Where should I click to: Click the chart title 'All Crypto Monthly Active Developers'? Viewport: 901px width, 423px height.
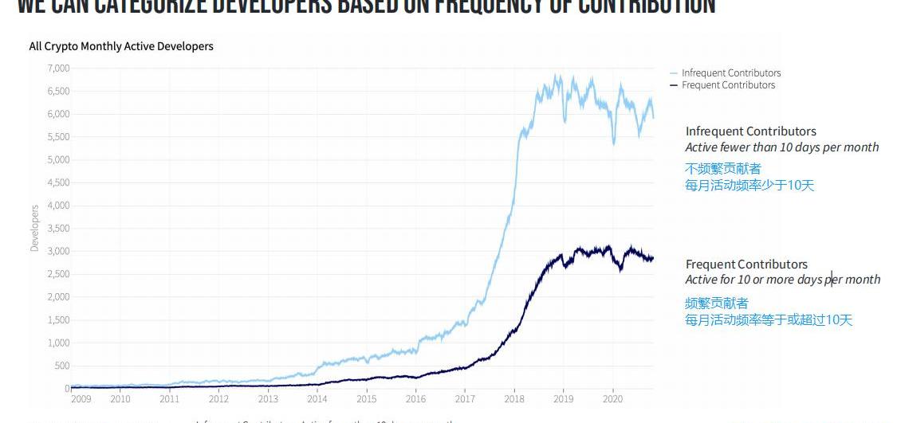tap(121, 46)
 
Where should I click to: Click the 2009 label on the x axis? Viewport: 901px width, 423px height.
tap(81, 399)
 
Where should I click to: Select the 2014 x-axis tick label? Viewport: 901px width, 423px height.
tap(317, 399)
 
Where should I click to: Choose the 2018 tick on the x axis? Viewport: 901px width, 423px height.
tap(514, 399)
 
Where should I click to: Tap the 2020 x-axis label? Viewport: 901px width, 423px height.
tap(612, 399)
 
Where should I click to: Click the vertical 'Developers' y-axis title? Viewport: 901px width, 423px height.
tap(34, 229)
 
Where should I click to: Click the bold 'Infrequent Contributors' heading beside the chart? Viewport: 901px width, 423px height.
tap(750, 131)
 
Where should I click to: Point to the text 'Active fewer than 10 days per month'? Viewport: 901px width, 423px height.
tap(781, 147)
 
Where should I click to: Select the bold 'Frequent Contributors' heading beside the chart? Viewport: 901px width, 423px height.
tap(746, 264)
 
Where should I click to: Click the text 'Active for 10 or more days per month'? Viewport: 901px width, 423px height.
tap(782, 280)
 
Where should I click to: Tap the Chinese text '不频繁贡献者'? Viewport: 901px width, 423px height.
tap(722, 169)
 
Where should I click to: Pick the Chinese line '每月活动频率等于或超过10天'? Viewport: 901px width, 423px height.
tap(768, 320)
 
